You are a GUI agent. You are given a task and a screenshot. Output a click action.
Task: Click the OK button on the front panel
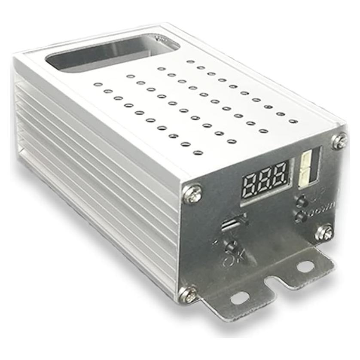232,246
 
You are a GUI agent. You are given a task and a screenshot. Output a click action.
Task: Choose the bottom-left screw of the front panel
188,295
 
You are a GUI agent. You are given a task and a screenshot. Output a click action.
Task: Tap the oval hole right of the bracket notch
305,266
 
